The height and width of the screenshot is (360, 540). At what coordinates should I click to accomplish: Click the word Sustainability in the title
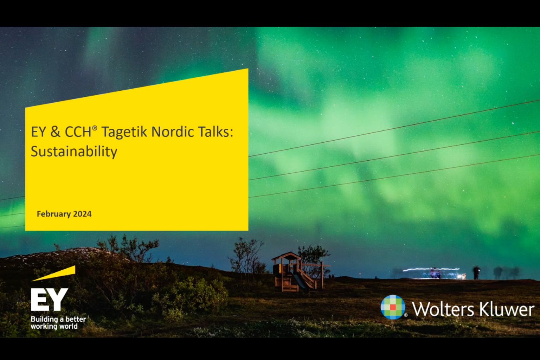tap(74, 152)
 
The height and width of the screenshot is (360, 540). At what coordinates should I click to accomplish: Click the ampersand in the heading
tap(56, 132)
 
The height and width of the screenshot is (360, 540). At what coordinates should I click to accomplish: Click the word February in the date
tap(54, 214)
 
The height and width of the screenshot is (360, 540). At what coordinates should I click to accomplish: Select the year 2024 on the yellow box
tap(82, 214)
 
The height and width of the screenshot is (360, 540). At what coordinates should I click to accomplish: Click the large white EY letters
tap(49, 300)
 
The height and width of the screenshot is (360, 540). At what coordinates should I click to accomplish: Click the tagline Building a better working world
tap(58, 323)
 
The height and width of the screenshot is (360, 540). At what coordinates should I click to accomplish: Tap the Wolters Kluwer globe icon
tap(393, 307)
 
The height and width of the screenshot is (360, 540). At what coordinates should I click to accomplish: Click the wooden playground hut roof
tap(287, 256)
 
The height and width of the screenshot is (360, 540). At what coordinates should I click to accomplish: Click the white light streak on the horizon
tap(431, 269)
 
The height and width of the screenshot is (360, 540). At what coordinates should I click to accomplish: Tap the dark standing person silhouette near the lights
tap(476, 273)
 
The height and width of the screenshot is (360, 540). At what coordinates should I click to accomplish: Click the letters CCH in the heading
tap(78, 132)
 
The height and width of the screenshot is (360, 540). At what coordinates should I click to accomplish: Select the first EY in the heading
tap(39, 132)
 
